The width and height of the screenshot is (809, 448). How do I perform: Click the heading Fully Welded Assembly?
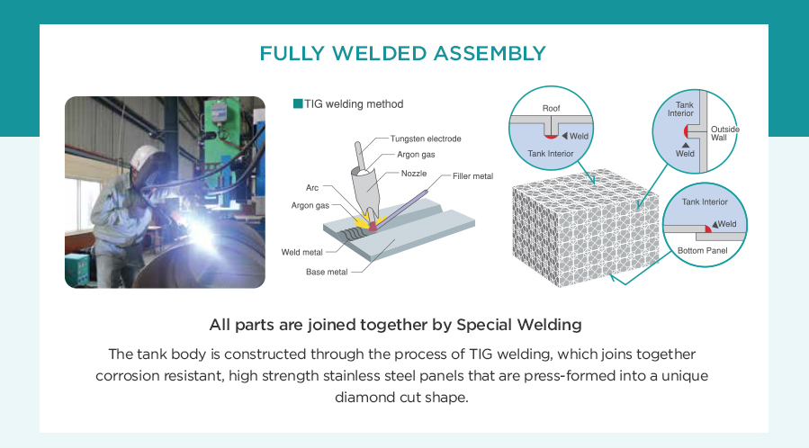click(x=402, y=54)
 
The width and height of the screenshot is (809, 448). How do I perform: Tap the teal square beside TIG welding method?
click(x=298, y=103)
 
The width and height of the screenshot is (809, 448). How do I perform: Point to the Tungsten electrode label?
click(x=426, y=139)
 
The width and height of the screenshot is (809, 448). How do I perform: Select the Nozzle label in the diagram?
click(x=414, y=174)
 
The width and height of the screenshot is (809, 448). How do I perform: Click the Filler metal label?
click(x=472, y=175)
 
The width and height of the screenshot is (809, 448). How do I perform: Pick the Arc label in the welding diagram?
click(x=312, y=188)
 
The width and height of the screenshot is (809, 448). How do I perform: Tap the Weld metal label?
click(x=301, y=252)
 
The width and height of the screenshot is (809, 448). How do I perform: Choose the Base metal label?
click(x=327, y=272)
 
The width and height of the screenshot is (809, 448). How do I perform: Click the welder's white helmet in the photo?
click(x=144, y=157)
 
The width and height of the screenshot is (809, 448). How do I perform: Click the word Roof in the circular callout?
click(x=551, y=108)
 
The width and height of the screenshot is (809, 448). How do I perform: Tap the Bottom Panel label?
click(x=702, y=251)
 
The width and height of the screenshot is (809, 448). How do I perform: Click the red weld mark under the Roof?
click(x=551, y=137)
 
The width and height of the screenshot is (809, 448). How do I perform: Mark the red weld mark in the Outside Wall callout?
click(x=687, y=131)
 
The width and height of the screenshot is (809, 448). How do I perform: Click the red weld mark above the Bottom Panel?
click(x=708, y=228)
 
